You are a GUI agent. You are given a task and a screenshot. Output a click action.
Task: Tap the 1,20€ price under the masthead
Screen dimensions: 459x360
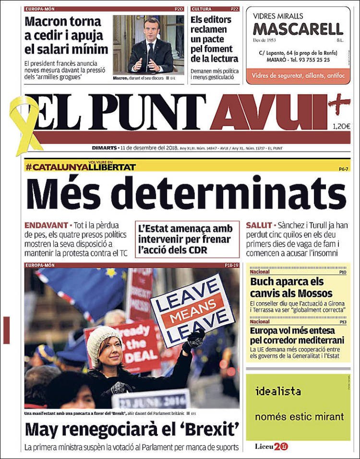[341, 127]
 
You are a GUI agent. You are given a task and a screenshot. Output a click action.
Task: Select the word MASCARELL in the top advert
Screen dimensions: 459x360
[298, 29]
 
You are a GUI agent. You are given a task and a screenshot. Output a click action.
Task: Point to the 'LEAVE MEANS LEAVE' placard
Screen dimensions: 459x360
[192, 310]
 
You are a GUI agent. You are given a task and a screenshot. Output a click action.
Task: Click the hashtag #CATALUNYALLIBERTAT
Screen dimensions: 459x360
[81, 167]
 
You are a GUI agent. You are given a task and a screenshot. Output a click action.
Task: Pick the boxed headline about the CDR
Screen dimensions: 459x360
[187, 238]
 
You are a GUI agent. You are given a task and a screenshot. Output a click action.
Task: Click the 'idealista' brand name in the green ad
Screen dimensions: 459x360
[278, 391]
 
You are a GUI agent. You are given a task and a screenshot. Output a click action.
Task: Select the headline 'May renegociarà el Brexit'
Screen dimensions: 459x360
[132, 428]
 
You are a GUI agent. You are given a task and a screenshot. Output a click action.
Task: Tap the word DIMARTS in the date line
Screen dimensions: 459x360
[105, 148]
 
